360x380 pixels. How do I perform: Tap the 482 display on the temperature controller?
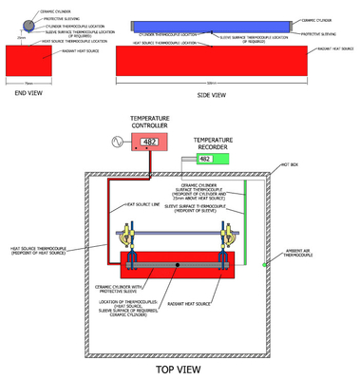149,142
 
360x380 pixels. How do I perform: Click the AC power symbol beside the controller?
119,142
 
